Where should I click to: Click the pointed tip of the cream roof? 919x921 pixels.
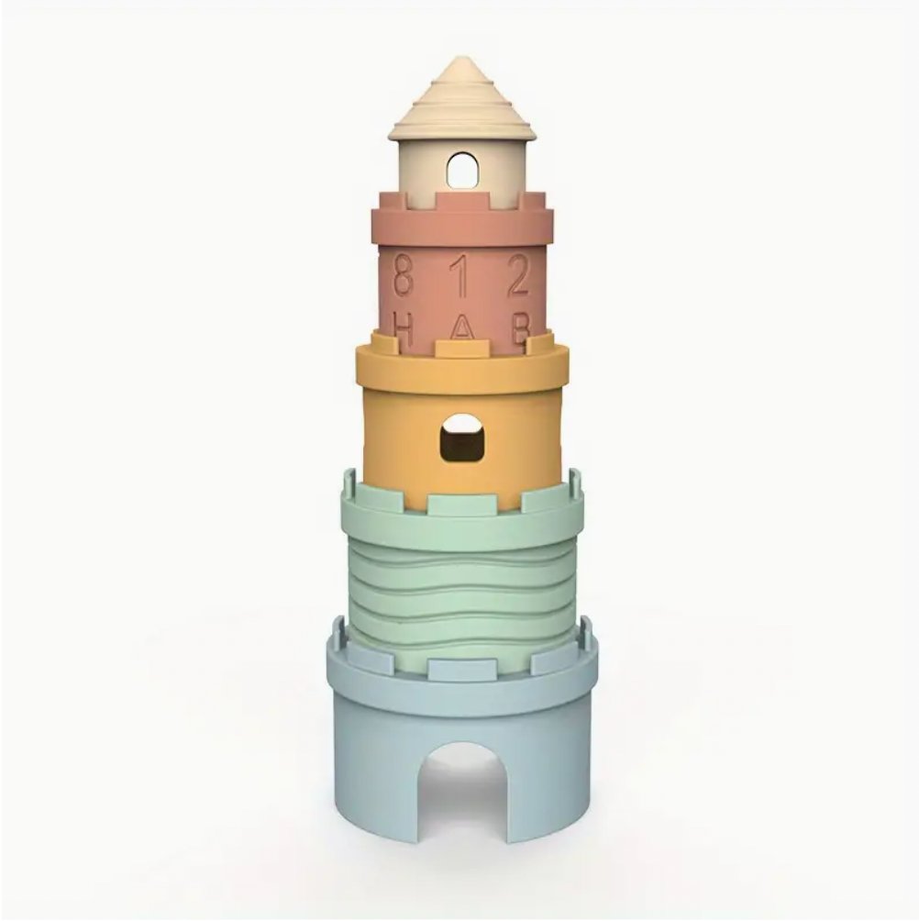[461, 57]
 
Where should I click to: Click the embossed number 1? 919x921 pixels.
[461, 275]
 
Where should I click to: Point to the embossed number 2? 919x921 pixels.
[519, 275]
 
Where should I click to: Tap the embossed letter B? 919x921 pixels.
[520, 327]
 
